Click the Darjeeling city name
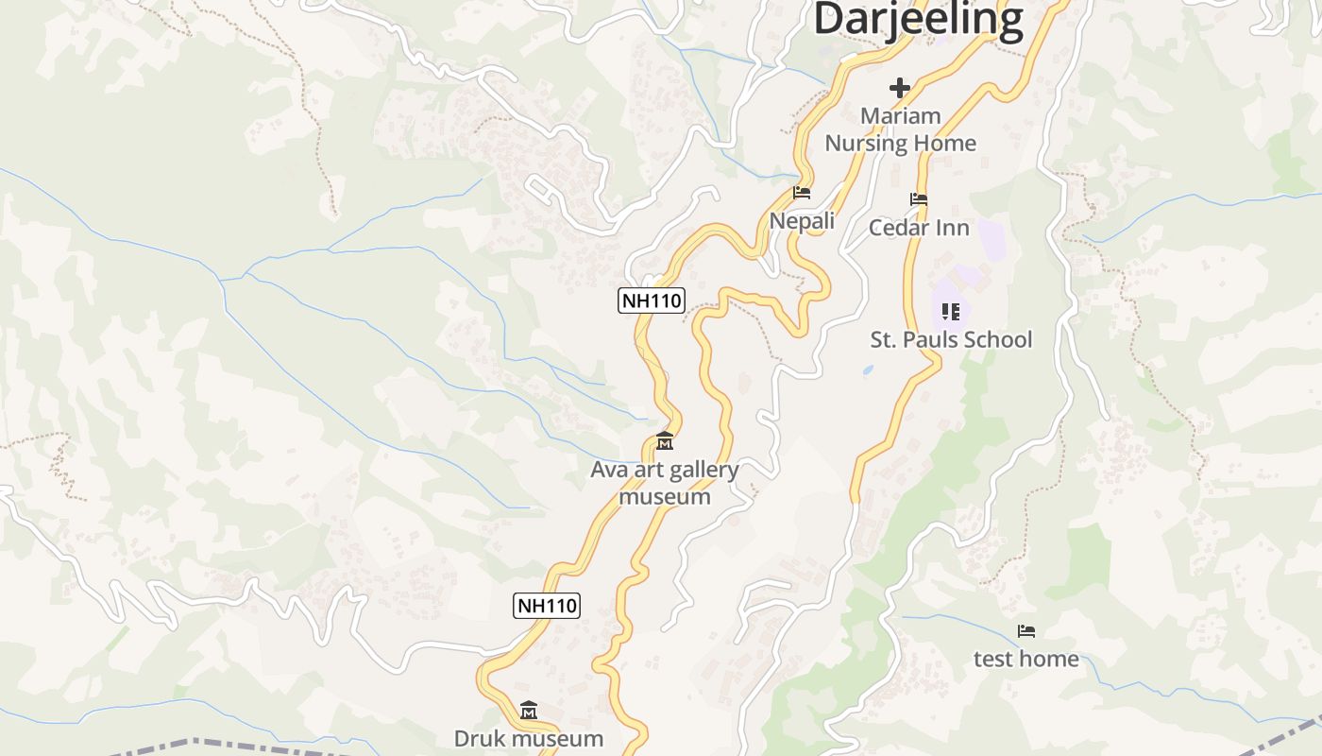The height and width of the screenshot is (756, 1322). [x=918, y=19]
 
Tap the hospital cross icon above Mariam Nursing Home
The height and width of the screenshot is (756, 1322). [x=900, y=88]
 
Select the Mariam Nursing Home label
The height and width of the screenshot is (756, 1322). [x=900, y=129]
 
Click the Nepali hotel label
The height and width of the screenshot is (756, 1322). [x=802, y=220]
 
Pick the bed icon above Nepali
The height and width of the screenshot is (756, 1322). [x=802, y=193]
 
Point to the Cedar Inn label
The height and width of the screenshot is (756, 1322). [x=919, y=227]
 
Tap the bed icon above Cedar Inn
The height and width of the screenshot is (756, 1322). [x=919, y=199]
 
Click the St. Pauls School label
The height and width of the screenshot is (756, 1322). [x=951, y=339]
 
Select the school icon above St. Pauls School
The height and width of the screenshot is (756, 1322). [x=951, y=311]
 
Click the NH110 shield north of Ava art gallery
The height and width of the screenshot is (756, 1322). [x=651, y=301]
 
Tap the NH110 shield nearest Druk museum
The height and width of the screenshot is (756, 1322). [x=547, y=606]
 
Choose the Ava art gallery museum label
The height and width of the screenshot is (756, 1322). [x=665, y=482]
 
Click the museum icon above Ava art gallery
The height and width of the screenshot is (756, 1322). [x=665, y=441]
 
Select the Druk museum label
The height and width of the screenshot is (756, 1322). [x=529, y=738]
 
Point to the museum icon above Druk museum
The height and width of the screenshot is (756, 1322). [x=529, y=710]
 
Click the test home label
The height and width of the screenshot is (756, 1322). [x=1026, y=659]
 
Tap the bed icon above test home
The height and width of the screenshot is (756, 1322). [x=1026, y=631]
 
